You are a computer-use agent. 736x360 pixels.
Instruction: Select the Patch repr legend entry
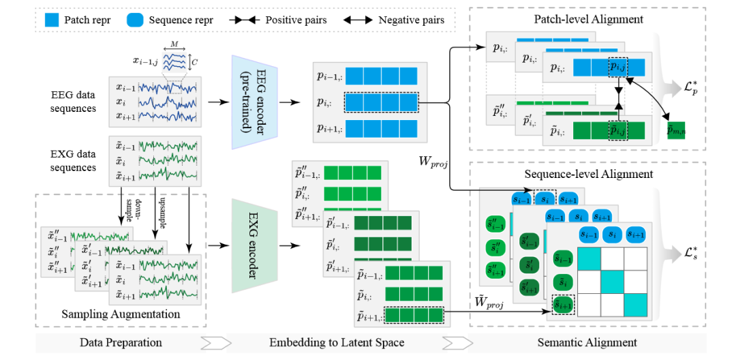78,20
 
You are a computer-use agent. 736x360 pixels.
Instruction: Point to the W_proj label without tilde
433,164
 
